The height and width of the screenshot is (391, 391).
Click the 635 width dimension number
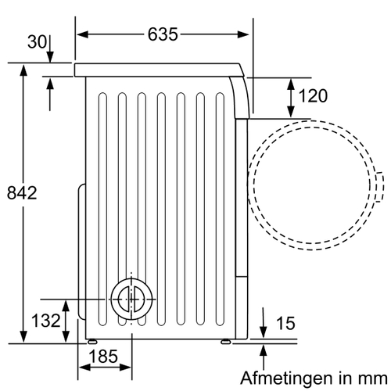163,34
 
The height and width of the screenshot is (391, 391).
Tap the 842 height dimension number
22,193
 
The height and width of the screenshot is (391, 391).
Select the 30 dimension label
37,41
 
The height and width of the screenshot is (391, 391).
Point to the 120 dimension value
313,95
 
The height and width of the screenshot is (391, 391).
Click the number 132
46,321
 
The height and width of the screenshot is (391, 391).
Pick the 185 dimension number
103,356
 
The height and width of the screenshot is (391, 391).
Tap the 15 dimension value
285,323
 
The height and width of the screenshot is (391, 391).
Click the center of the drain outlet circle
131,299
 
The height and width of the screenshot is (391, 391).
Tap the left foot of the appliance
92,342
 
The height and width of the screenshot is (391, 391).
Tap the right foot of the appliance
225,342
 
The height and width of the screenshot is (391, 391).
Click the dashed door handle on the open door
380,187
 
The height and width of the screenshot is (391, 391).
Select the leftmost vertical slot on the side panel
102,209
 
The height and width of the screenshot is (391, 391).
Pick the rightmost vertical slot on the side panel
220,209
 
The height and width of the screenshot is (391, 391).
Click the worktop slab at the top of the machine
159,70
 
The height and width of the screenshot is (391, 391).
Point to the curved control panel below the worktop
240,98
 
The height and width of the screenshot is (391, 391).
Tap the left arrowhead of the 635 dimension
82,34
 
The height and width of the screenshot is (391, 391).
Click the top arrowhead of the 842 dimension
23,70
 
